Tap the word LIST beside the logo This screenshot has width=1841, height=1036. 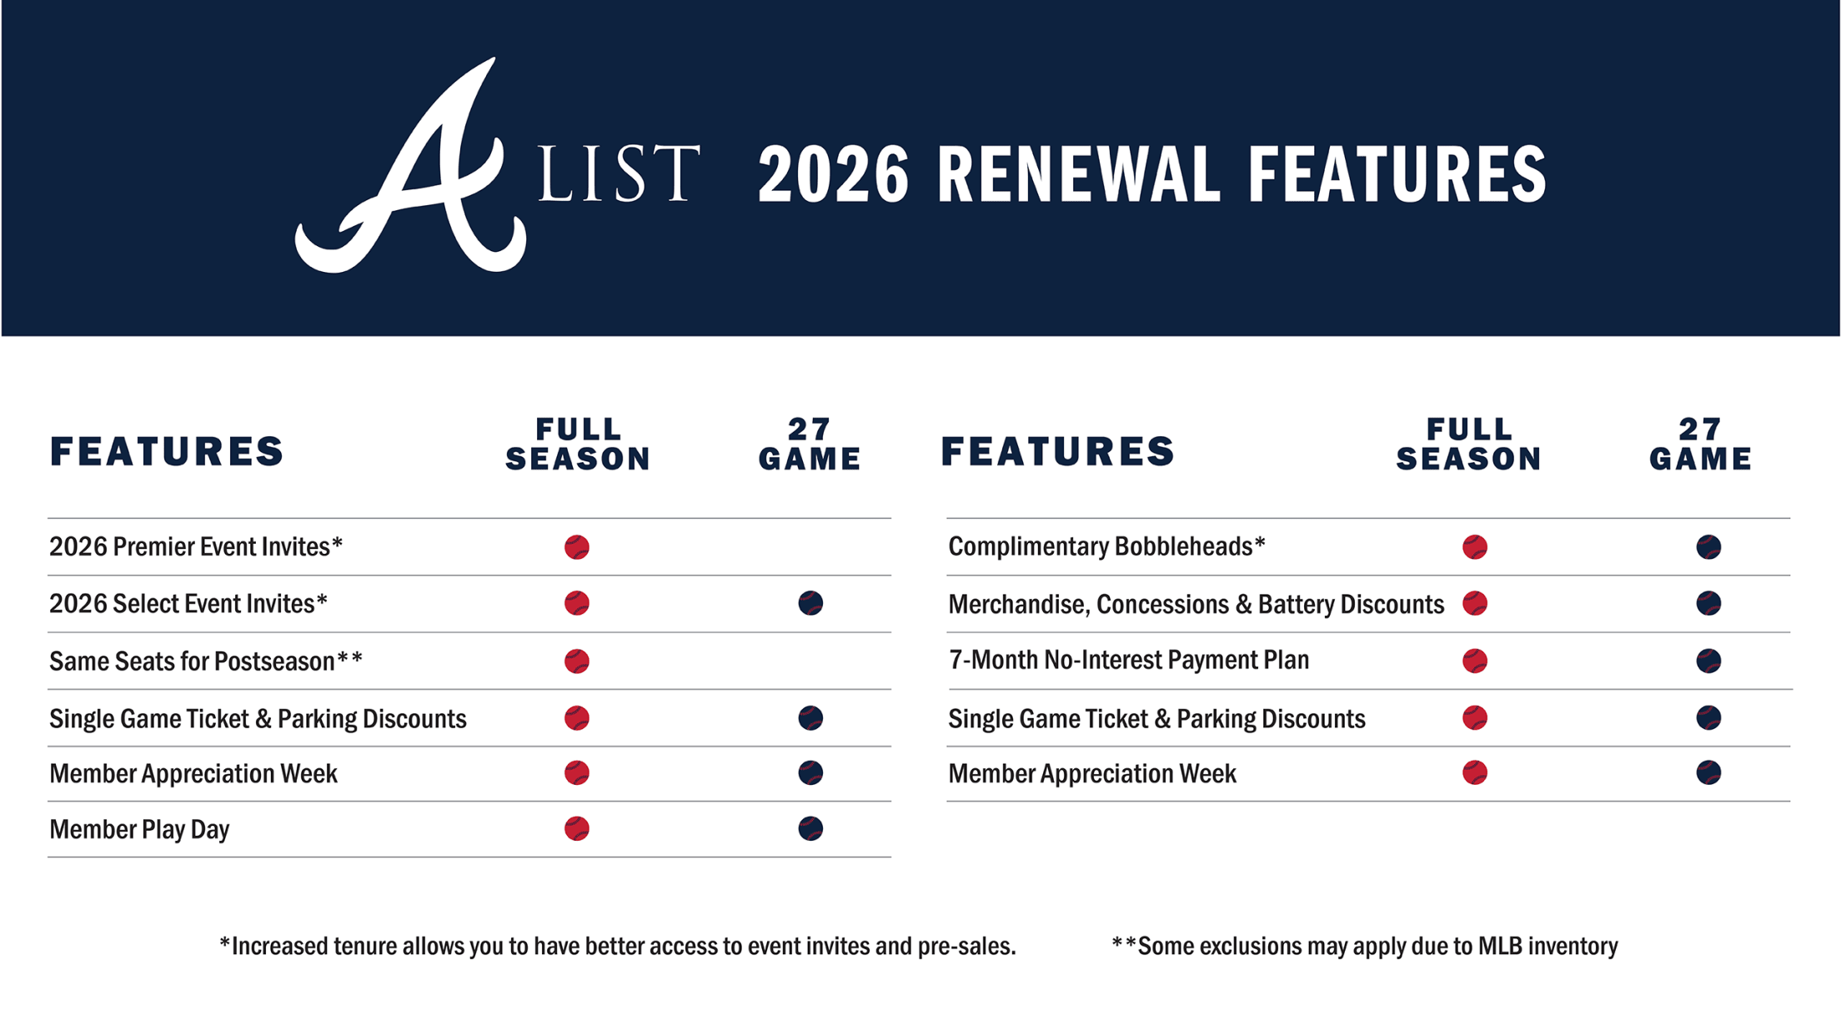click(x=619, y=174)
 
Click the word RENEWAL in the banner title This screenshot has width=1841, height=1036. click(x=1078, y=174)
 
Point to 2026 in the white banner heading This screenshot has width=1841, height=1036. click(x=833, y=174)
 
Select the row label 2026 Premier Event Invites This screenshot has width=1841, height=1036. click(x=196, y=546)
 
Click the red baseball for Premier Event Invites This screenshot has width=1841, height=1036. click(x=577, y=547)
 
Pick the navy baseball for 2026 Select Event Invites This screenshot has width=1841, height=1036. click(x=810, y=603)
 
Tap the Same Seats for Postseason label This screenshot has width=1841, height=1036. click(x=206, y=661)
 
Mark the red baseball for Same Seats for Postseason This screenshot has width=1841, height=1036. click(x=577, y=661)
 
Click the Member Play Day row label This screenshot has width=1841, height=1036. click(x=139, y=829)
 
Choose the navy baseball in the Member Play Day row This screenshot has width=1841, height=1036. click(x=810, y=828)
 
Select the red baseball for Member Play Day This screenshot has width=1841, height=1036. click(x=577, y=828)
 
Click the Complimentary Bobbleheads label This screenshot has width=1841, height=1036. click(x=1107, y=546)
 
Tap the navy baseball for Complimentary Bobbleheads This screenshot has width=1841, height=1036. click(x=1708, y=547)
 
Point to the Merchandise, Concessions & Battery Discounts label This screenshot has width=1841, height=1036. click(x=1196, y=604)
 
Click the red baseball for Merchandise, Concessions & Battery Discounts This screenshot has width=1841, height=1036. click(x=1475, y=603)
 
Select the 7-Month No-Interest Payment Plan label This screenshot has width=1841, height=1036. click(x=1129, y=661)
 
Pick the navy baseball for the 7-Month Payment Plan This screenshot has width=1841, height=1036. click(x=1708, y=661)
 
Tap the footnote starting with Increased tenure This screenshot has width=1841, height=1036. click(x=618, y=947)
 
